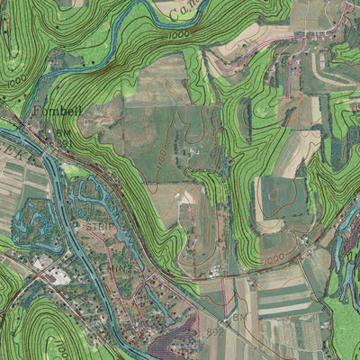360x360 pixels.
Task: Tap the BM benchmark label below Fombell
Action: point(62,132)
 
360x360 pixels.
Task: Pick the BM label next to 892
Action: point(238,318)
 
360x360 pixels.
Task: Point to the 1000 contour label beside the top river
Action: point(177,34)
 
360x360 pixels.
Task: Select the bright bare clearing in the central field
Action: point(184,196)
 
